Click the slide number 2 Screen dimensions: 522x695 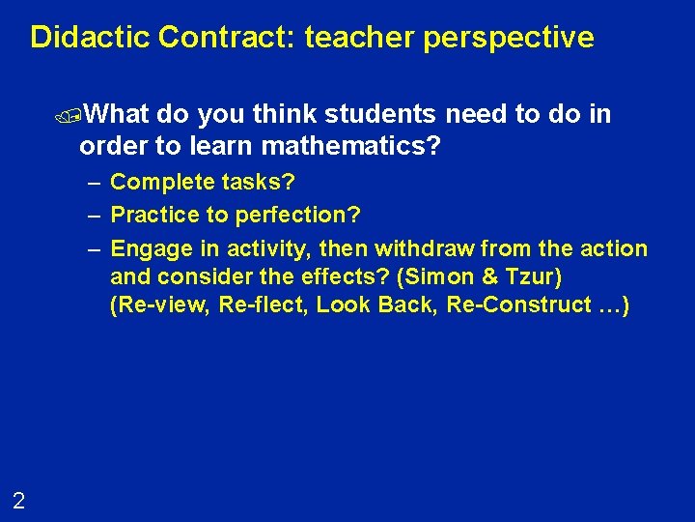click(18, 500)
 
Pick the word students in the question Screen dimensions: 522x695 click(384, 115)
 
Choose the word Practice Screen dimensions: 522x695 click(152, 213)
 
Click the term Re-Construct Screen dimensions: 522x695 click(503, 304)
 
